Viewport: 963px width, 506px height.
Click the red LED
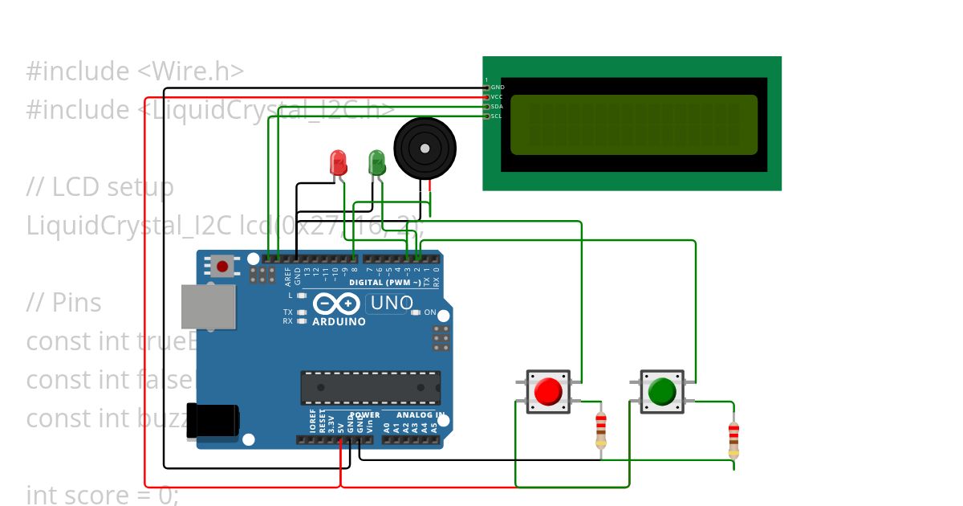click(339, 163)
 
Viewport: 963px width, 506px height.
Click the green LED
click(376, 163)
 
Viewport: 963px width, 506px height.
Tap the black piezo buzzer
click(425, 149)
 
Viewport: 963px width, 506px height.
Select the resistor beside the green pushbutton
click(733, 439)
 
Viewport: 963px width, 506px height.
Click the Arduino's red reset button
click(222, 265)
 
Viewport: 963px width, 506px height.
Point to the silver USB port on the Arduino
click(208, 306)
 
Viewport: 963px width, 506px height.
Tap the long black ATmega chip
click(370, 387)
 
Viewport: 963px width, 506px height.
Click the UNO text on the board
click(392, 304)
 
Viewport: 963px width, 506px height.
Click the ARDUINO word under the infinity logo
click(339, 321)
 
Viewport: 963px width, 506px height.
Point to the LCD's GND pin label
click(498, 87)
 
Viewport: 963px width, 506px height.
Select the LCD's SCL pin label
click(497, 116)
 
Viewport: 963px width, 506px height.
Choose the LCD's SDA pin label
click(497, 106)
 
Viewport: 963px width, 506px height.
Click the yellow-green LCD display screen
click(633, 124)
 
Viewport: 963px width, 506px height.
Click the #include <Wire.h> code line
click(135, 71)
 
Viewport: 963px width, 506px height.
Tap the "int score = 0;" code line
click(102, 495)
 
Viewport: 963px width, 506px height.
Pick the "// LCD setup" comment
click(100, 187)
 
